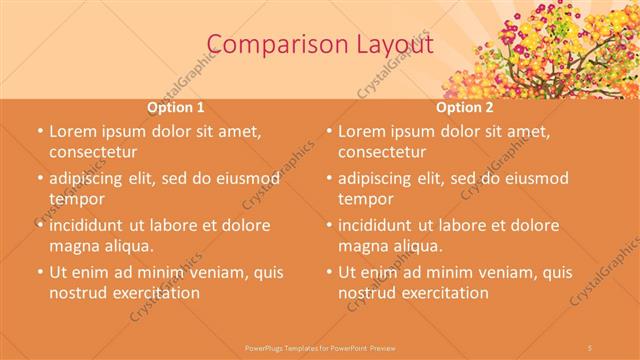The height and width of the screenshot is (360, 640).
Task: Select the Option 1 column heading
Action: (176, 107)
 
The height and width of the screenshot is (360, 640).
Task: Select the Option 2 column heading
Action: (465, 107)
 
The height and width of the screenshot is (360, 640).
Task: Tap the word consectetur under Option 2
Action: (381, 152)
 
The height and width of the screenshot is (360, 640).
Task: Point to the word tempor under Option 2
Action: (365, 199)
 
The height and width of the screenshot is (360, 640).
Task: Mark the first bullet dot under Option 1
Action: (38, 132)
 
